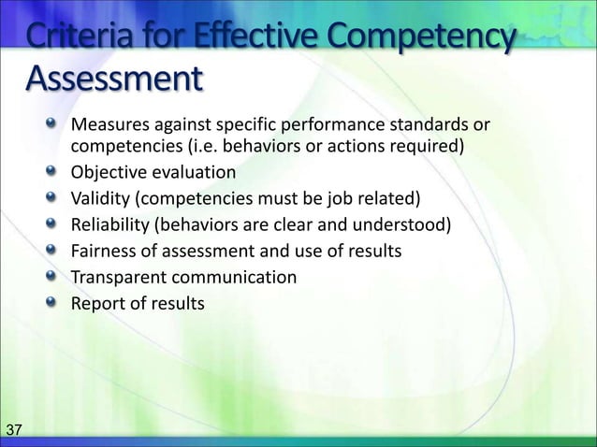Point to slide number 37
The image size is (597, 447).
[15, 430]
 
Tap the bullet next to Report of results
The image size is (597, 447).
[54, 303]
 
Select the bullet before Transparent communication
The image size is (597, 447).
[54, 277]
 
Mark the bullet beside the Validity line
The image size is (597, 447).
[54, 198]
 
